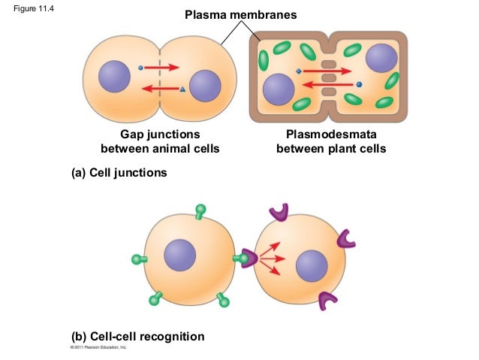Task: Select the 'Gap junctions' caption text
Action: [x=160, y=134]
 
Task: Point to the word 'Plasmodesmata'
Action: [x=331, y=134]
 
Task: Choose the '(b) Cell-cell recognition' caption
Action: [x=137, y=336]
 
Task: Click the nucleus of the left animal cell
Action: [x=115, y=77]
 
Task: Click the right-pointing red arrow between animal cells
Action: [x=162, y=67]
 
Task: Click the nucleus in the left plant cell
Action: [x=279, y=90]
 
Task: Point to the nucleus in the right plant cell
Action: [x=381, y=58]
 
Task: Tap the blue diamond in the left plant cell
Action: [x=298, y=71]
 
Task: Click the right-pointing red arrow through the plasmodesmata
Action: [x=328, y=71]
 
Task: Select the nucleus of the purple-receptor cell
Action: [x=312, y=266]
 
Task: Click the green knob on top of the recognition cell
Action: [x=200, y=210]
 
